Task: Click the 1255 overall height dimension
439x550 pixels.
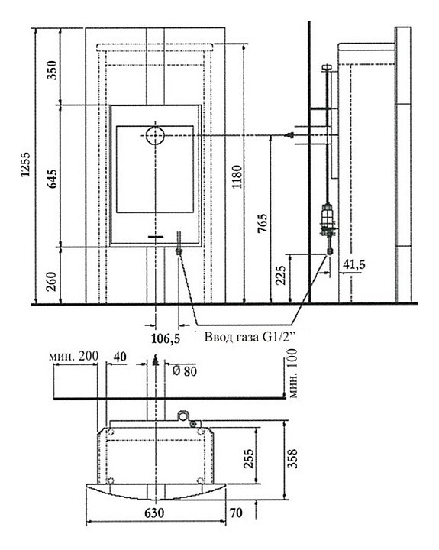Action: coord(25,164)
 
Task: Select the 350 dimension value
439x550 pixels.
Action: coord(52,70)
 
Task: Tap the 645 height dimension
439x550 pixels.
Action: coord(52,179)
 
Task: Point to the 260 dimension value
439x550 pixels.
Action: coord(52,282)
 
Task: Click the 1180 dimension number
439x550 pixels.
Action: coord(237,176)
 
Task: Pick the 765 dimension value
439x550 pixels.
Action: coord(263,223)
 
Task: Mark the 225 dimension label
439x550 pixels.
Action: coord(280,275)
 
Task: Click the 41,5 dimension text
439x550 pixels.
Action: coord(353,264)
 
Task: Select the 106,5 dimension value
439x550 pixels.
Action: coord(166,338)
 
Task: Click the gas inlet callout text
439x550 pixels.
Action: coord(250,338)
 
